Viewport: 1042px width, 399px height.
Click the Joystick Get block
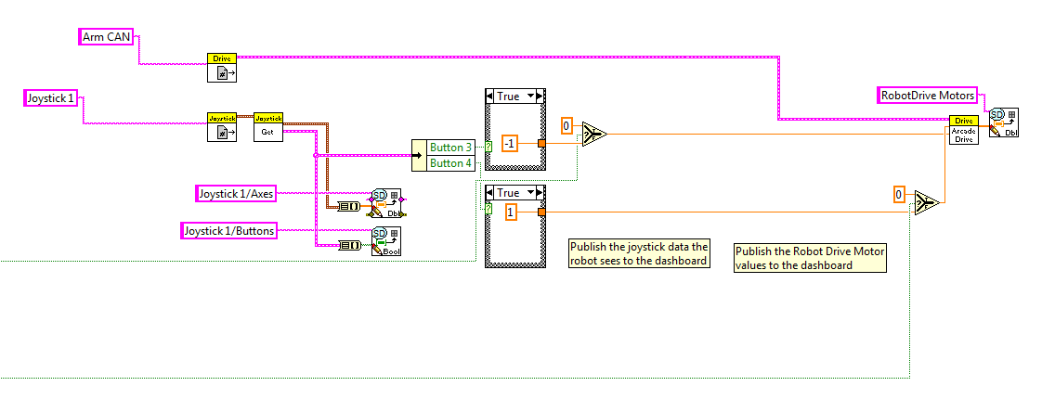tap(268, 126)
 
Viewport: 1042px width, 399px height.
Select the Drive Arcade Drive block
tap(964, 130)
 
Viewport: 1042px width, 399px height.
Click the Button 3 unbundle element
tap(450, 148)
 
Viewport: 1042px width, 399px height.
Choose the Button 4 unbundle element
tap(450, 162)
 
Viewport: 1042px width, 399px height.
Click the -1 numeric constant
tap(509, 143)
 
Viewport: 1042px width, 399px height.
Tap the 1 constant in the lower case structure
tap(510, 212)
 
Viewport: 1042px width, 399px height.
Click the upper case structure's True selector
tap(514, 96)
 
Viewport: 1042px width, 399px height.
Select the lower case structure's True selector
tap(514, 192)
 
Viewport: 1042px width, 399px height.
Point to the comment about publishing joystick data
tap(639, 253)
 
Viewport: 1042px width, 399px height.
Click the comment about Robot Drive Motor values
tap(810, 258)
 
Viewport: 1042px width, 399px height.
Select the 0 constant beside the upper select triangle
tap(567, 124)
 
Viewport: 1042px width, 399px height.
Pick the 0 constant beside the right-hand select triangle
tap(899, 194)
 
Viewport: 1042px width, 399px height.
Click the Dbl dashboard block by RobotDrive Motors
tap(1003, 122)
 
